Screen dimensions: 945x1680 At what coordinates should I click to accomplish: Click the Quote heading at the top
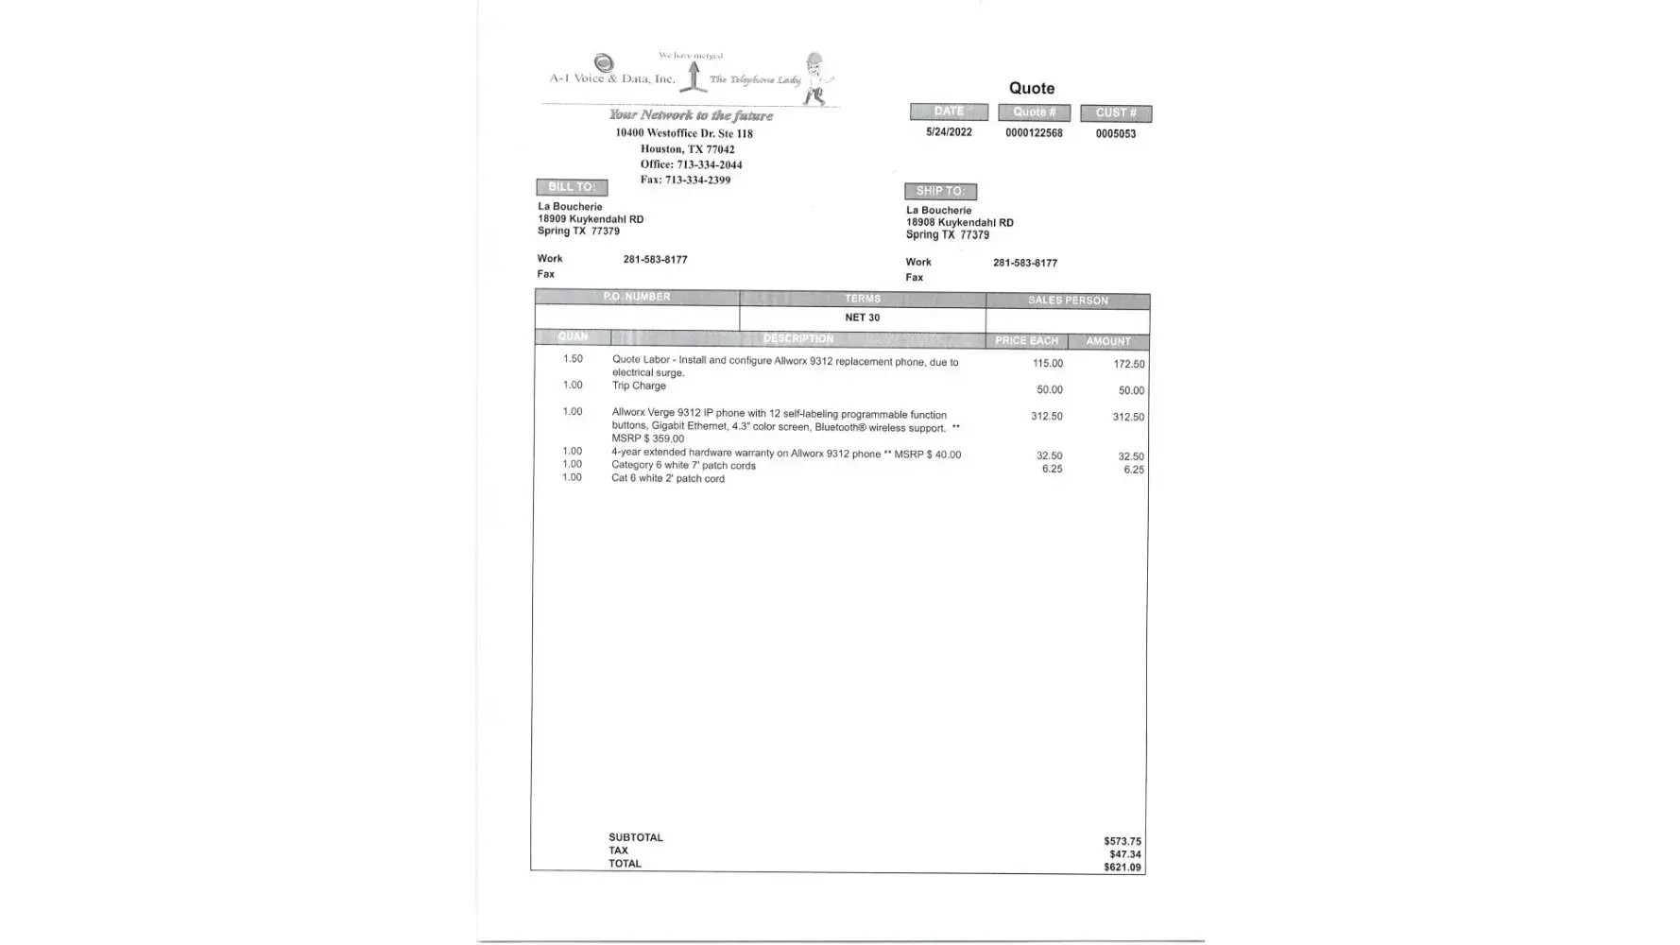(x=1031, y=88)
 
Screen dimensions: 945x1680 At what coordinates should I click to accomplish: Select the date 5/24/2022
(x=949, y=132)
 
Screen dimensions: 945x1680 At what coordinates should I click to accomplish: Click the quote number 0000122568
(x=1034, y=133)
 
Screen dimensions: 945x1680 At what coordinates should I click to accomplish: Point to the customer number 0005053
(x=1115, y=134)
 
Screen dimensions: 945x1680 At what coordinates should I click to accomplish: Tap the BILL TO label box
(x=572, y=187)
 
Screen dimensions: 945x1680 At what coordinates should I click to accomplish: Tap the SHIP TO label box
(x=940, y=191)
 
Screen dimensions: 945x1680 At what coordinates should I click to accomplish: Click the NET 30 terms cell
(x=862, y=318)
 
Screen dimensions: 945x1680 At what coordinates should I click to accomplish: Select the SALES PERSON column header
(x=1068, y=301)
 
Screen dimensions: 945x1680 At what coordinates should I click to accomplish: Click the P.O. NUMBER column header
(x=637, y=297)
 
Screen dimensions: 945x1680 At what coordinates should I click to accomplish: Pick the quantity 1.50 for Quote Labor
(x=573, y=359)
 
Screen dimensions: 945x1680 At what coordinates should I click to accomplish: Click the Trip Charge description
(x=639, y=386)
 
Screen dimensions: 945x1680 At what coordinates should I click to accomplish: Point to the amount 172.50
(x=1128, y=364)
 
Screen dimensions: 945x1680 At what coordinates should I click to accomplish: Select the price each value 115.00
(x=1047, y=364)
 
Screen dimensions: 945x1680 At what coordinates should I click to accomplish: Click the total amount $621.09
(x=1122, y=868)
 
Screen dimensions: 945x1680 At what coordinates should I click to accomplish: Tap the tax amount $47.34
(x=1124, y=854)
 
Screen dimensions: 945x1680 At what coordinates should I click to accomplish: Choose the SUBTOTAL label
(x=635, y=837)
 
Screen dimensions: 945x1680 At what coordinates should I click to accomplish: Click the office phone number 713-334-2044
(x=709, y=164)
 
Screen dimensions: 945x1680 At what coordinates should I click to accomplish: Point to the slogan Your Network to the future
(x=691, y=115)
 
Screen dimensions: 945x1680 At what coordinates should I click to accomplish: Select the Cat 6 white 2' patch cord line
(x=667, y=478)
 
